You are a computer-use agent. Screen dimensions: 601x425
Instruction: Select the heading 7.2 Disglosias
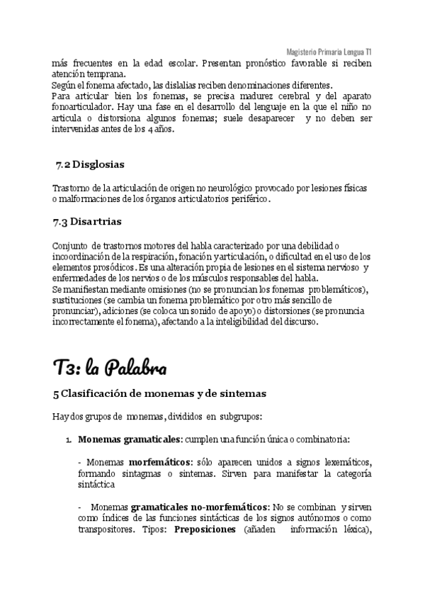(x=89, y=165)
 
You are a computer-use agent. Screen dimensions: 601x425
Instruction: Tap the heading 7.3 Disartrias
(x=87, y=222)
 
